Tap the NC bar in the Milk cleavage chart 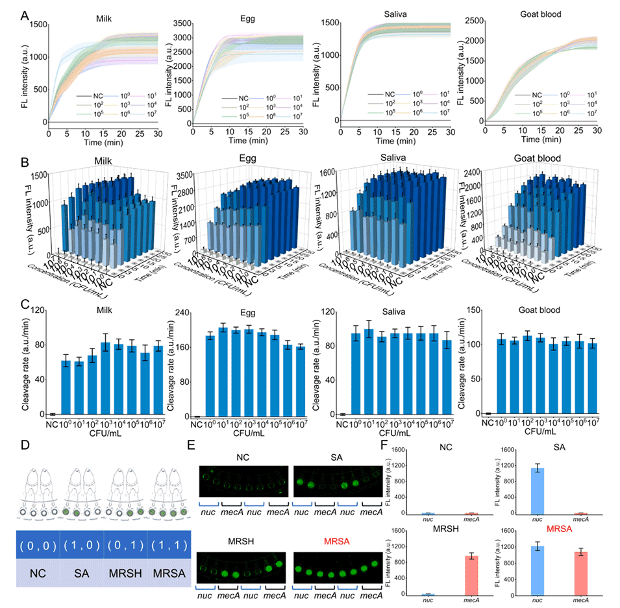tap(53, 413)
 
